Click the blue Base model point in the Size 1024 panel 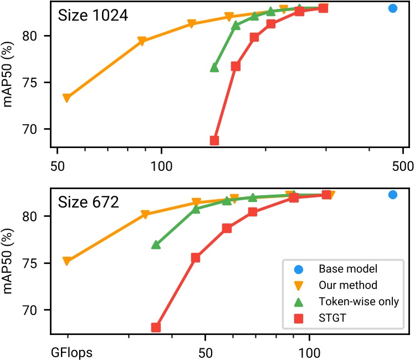pyautogui.click(x=393, y=8)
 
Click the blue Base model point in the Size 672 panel pyautogui.click(x=393, y=195)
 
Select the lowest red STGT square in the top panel pyautogui.click(x=214, y=140)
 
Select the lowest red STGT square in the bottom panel pyautogui.click(x=156, y=327)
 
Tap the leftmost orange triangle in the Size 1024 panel pyautogui.click(x=66, y=98)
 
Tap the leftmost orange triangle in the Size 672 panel pyautogui.click(x=66, y=261)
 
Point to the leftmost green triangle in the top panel pyautogui.click(x=214, y=67)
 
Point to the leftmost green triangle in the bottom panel pyautogui.click(x=156, y=244)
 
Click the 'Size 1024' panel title pyautogui.click(x=93, y=16)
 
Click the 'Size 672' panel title pyautogui.click(x=88, y=202)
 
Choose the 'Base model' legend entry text pyautogui.click(x=348, y=269)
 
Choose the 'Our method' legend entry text pyautogui.click(x=348, y=285)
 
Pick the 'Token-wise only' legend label pyautogui.click(x=358, y=301)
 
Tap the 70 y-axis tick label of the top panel pyautogui.click(x=37, y=130)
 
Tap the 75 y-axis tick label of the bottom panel pyautogui.click(x=37, y=263)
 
